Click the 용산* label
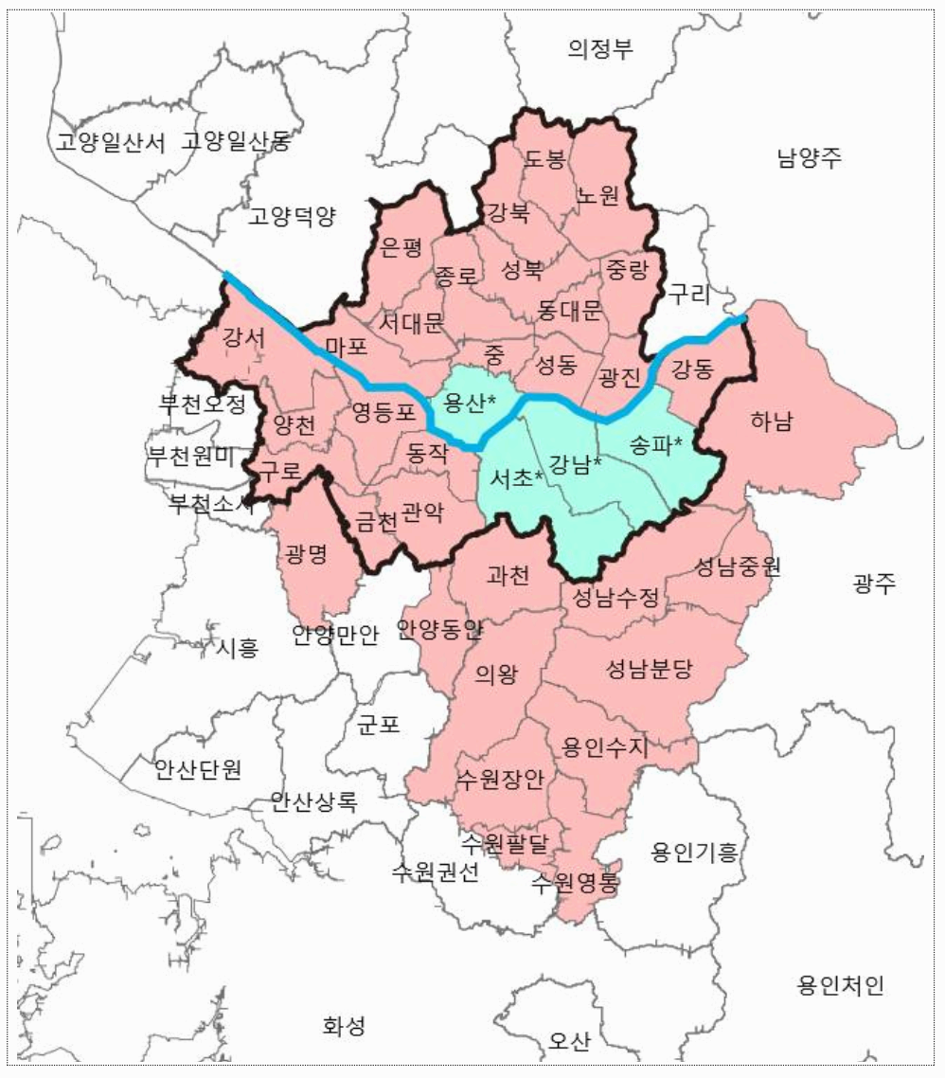[470, 404]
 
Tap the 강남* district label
[576, 464]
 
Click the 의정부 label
[600, 49]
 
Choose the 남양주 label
[809, 158]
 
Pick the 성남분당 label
[650, 671]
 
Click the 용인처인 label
[841, 986]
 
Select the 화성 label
[343, 1026]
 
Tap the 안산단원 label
[198, 768]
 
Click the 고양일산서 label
[111, 143]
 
